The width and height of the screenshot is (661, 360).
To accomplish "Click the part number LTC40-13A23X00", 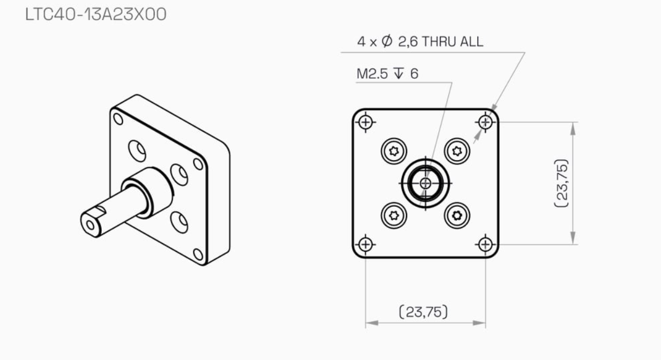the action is coord(96,14).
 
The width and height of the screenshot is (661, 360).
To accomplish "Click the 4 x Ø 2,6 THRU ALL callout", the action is coord(420,41).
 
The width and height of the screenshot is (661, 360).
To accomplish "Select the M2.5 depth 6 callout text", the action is coord(387,73).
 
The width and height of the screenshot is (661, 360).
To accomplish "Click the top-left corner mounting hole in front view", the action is coord(366,122).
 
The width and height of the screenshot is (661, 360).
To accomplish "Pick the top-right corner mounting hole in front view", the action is coord(485,122).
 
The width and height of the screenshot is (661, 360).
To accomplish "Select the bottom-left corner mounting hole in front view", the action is coord(366,244).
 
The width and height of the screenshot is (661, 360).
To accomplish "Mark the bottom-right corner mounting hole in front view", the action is coord(485,244).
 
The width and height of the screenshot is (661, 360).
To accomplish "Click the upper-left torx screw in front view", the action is coord(394,152).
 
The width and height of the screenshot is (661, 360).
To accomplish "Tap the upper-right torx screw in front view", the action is coord(457,152).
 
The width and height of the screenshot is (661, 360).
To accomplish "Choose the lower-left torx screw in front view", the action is coord(394,216).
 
